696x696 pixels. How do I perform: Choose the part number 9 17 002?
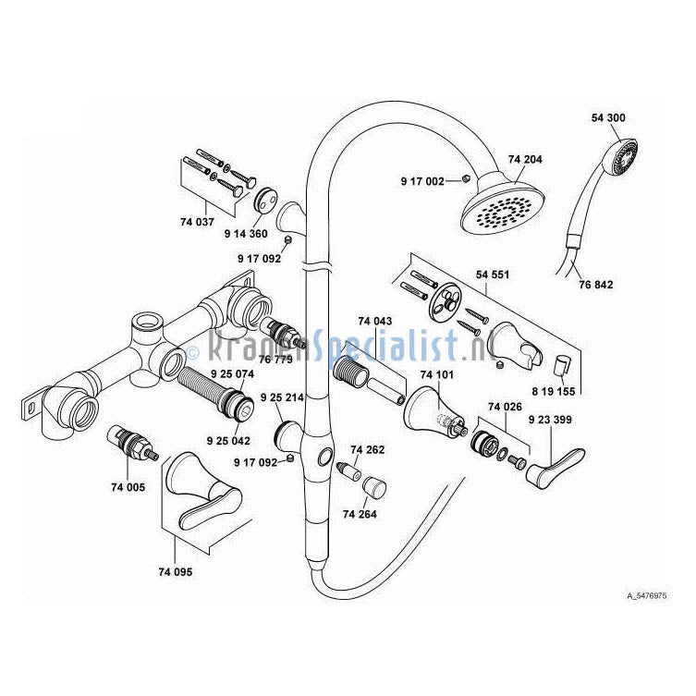(x=422, y=180)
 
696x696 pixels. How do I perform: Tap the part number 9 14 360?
(x=246, y=234)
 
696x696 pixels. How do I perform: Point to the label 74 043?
(x=375, y=322)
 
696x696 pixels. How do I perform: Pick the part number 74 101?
(x=437, y=375)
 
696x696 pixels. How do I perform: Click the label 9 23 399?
(x=549, y=419)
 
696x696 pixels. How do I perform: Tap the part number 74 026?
(x=506, y=407)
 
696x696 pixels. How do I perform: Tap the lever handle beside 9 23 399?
(x=558, y=462)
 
